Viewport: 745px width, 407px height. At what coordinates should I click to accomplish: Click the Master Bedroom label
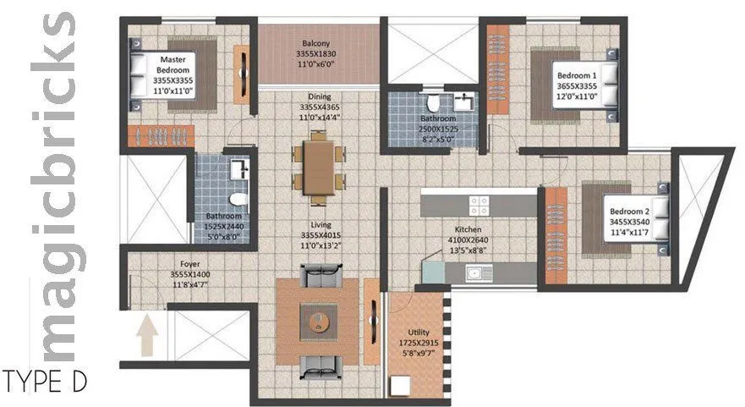173,64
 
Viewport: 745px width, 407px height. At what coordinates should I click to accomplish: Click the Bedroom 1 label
577,76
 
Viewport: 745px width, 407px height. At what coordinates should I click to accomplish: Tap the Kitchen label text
468,229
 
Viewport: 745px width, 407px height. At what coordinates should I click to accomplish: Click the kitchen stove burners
479,204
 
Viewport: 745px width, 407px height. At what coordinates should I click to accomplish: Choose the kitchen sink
480,272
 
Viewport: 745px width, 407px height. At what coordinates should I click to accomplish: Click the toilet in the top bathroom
434,103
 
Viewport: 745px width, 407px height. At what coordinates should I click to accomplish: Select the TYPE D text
45,382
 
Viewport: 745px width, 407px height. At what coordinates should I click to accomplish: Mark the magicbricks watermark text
59,186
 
